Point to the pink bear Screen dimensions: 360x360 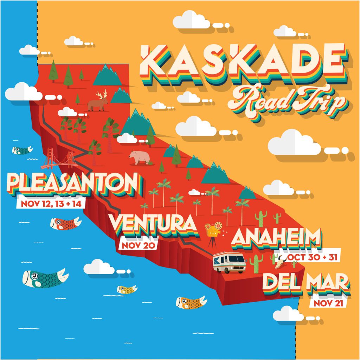click(139, 157)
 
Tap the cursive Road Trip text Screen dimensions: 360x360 click(287, 102)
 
